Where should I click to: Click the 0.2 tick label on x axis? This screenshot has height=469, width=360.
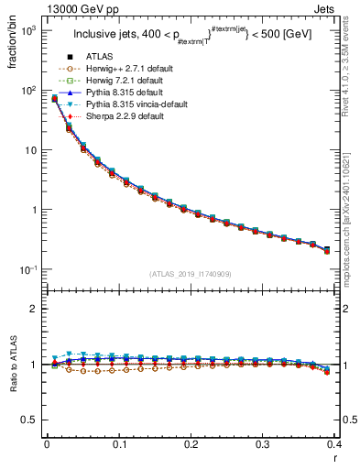191,444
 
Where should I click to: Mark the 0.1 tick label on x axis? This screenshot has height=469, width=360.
119,444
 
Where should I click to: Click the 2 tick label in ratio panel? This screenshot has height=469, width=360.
34,310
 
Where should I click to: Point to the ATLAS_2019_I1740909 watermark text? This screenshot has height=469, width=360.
191,274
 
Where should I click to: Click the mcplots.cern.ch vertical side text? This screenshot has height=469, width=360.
352,229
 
